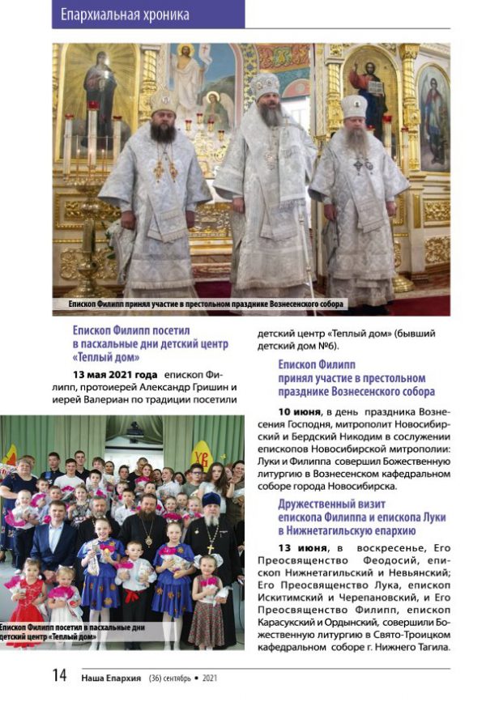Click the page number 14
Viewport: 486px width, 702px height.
60,676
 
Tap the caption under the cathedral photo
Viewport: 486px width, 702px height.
207,304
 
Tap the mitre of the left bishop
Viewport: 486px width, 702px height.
164,100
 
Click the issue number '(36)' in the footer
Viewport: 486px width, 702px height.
156,677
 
